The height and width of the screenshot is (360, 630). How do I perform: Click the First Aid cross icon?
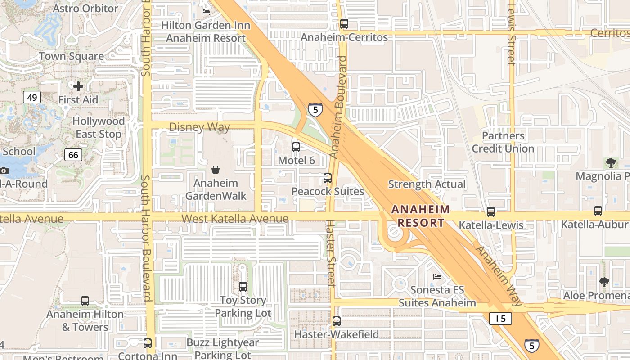point(78,86)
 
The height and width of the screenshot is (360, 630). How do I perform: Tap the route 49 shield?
point(32,97)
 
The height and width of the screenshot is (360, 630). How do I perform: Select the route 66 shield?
point(73,155)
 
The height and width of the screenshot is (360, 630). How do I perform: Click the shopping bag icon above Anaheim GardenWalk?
point(216,170)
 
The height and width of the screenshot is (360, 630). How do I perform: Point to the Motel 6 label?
point(296,160)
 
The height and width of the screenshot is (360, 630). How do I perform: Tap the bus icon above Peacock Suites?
point(328,178)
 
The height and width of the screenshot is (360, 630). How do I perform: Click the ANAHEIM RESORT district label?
point(420,216)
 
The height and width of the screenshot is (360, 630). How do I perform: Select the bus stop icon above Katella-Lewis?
point(490,211)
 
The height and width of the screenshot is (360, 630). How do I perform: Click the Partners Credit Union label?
point(503,142)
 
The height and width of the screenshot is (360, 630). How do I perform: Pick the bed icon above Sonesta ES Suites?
point(437,276)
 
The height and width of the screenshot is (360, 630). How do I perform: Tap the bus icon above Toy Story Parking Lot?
point(243,286)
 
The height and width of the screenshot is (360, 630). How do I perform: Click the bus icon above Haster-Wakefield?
point(337,321)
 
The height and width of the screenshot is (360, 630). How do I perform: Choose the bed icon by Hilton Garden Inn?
point(206,12)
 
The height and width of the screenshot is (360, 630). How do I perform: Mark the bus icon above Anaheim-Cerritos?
point(344,24)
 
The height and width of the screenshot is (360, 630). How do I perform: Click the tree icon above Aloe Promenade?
point(604,282)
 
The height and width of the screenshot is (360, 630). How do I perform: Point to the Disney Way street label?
point(199,127)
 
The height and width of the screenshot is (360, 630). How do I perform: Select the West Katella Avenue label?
point(235,219)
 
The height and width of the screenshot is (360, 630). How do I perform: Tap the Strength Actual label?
point(427,184)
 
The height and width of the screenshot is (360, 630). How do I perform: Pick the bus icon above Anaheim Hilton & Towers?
point(85,301)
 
